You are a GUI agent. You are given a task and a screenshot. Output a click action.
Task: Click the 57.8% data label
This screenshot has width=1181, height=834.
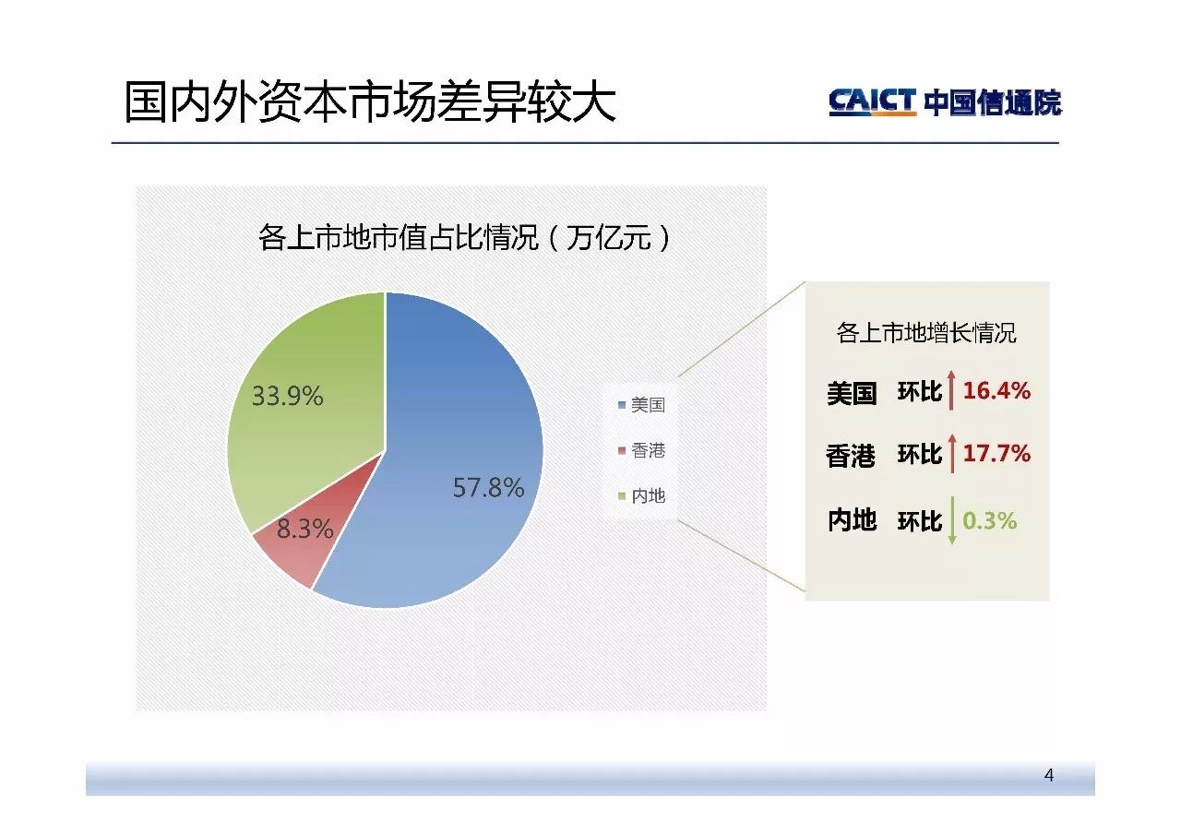pyautogui.click(x=488, y=487)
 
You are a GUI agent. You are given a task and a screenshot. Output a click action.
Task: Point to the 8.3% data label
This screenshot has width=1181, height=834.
pyautogui.click(x=304, y=529)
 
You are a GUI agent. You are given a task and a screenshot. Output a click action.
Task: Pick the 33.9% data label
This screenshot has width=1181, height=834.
pyautogui.click(x=287, y=396)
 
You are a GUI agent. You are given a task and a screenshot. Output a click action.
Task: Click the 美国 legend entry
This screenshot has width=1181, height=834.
pyautogui.click(x=641, y=405)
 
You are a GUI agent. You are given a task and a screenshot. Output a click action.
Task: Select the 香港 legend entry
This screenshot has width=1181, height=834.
pyautogui.click(x=641, y=450)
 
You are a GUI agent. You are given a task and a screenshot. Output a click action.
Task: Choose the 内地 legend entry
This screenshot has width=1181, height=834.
pyautogui.click(x=641, y=495)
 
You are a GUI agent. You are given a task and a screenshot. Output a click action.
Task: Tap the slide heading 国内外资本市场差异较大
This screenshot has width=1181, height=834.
pyautogui.click(x=370, y=101)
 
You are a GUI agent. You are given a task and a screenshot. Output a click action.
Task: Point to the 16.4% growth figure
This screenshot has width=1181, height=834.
pyautogui.click(x=996, y=390)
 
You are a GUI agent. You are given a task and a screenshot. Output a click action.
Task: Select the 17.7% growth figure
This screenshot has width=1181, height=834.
pyautogui.click(x=996, y=453)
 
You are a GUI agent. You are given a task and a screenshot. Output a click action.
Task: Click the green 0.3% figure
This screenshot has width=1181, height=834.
pyautogui.click(x=990, y=520)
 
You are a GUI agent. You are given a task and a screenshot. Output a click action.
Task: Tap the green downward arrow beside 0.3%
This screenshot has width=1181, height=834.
pyautogui.click(x=952, y=519)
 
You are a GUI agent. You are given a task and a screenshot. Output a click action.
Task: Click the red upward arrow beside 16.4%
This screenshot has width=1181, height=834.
pyautogui.click(x=951, y=390)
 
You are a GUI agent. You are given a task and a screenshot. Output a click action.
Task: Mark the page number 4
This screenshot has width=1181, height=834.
pyautogui.click(x=1049, y=775)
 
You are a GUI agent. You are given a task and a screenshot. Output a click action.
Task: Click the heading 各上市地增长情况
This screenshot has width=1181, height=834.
pyautogui.click(x=926, y=333)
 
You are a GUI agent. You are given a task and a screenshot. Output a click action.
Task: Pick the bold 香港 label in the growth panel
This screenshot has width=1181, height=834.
pyautogui.click(x=851, y=456)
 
